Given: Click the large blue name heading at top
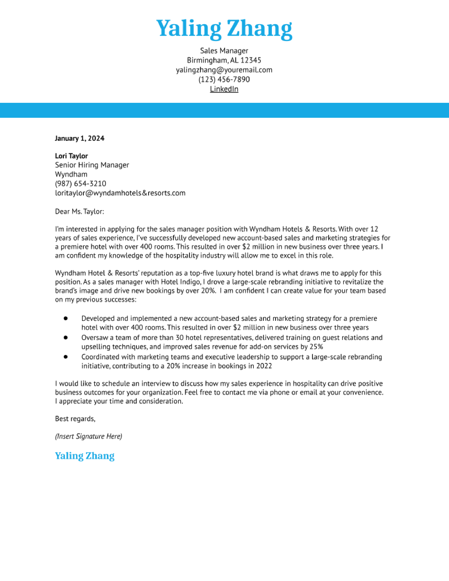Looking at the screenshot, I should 224,29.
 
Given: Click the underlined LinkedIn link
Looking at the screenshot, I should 224,89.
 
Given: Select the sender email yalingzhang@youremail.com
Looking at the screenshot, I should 224,70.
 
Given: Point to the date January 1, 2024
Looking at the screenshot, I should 80,138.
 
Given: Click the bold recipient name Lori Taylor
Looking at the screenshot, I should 71,156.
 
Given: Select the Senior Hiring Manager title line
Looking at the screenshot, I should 92,165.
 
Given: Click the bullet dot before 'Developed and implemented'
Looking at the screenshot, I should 66,318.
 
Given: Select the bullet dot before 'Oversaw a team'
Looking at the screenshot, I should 66,337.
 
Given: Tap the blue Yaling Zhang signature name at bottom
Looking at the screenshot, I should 85,456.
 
